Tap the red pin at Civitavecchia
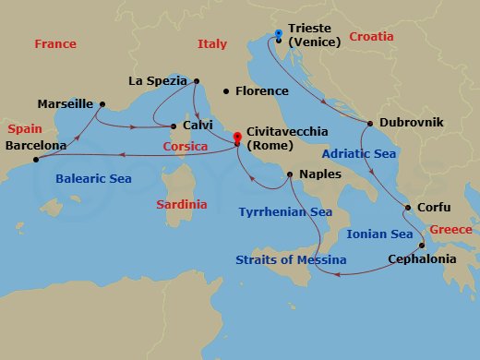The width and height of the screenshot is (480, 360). tap(237, 139)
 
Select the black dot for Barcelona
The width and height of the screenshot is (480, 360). tap(36, 160)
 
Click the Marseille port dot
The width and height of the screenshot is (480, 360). tap(102, 103)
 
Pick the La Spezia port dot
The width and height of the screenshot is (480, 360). tap(197, 81)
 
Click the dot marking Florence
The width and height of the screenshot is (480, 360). tap(226, 91)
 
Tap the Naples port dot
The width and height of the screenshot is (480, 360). tap(291, 174)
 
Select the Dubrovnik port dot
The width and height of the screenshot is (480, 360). tap(370, 123)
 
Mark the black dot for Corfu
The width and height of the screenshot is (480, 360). tap(407, 208)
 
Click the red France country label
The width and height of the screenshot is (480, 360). tap(54, 44)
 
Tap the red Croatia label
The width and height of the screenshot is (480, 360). tap(371, 37)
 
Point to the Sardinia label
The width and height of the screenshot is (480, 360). tap(181, 203)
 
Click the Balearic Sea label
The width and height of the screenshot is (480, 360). tap(93, 178)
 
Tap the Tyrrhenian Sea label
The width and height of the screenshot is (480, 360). tap(285, 211)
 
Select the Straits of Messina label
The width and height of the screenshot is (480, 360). tap(291, 260)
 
